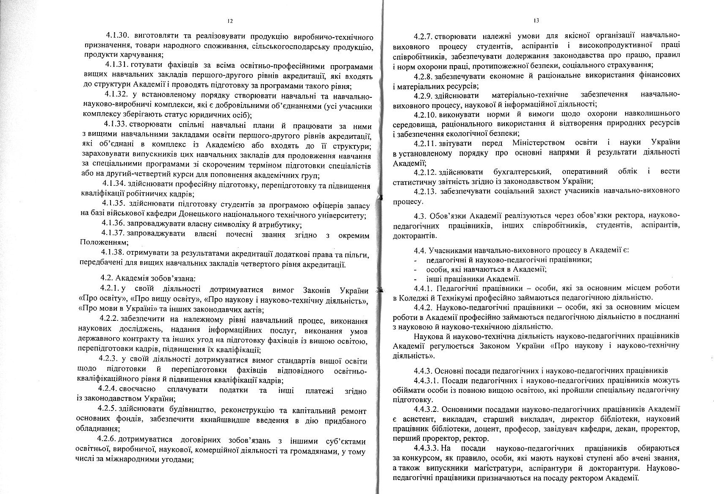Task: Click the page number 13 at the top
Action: coord(536,20)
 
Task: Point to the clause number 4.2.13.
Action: coord(426,191)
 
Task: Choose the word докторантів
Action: coord(412,235)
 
